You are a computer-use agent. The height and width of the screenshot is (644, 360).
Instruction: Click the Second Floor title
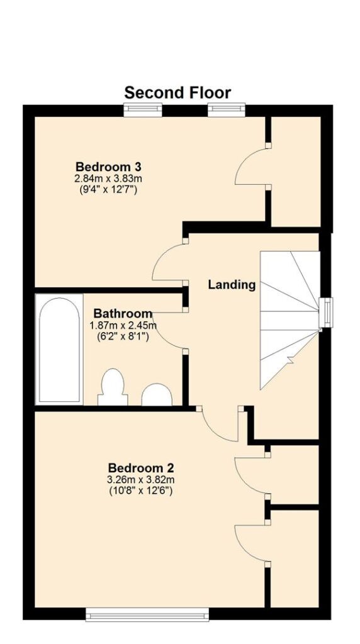point(177,93)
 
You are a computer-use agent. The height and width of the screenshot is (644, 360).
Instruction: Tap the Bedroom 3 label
point(109,167)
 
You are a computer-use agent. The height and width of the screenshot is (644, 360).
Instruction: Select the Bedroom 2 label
point(141,468)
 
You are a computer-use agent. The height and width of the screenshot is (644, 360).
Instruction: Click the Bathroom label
point(123,314)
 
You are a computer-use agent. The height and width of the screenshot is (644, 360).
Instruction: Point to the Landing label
point(232,285)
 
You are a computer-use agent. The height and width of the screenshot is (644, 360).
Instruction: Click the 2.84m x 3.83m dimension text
point(109,179)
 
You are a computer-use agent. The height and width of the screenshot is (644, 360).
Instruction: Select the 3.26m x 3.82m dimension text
point(141,479)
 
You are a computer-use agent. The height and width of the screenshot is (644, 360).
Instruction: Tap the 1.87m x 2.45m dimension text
point(123,326)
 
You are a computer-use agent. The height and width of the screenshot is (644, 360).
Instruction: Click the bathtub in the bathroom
point(58,350)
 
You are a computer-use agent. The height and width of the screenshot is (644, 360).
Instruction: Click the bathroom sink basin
point(157,395)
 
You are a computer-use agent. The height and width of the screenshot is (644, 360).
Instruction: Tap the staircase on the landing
point(290,320)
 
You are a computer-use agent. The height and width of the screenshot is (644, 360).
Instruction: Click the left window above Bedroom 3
point(143,109)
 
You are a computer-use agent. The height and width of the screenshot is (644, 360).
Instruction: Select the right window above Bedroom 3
point(227,109)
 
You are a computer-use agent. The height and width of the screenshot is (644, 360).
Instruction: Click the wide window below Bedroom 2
point(147,614)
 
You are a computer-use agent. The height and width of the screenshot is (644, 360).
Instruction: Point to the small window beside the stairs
point(326,313)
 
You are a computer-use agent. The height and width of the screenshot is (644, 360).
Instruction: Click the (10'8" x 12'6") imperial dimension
point(141,491)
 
